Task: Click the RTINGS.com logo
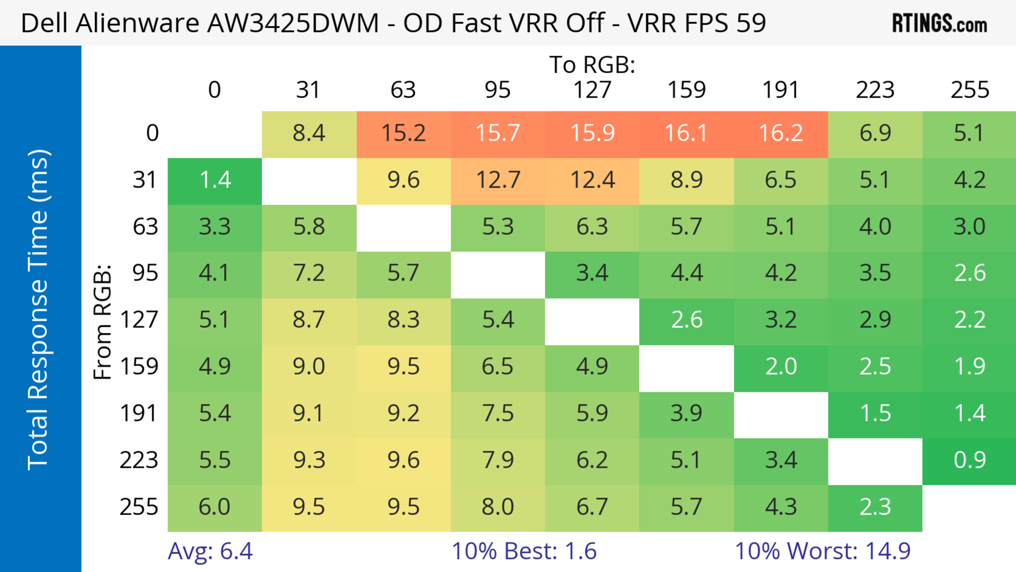point(940,23)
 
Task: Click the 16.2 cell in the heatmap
point(781,133)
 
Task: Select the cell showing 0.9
point(969,460)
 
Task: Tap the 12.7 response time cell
point(498,180)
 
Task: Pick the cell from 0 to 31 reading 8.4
point(309,133)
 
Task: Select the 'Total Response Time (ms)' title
point(39,310)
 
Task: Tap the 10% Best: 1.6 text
point(524,551)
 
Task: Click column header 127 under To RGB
point(592,90)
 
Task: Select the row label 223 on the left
point(139,460)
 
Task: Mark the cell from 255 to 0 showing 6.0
point(215,507)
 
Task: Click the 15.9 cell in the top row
point(592,133)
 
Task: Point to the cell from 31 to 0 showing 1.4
point(215,180)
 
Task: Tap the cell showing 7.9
point(498,460)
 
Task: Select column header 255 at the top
point(969,90)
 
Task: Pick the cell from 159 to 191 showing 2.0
point(781,367)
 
